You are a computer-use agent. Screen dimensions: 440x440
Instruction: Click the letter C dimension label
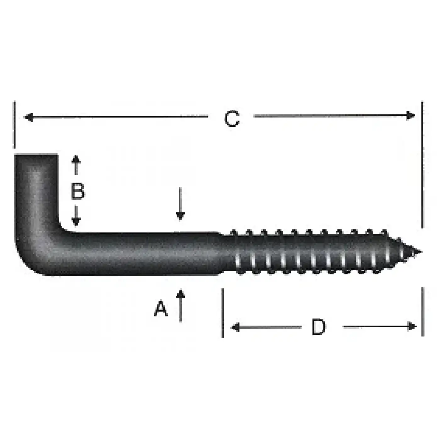coord(232,119)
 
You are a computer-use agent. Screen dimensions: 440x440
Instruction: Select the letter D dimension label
coord(318,327)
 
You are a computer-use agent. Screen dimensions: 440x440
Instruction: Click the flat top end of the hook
coord(36,155)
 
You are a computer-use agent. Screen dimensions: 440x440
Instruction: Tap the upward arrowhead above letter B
coord(76,159)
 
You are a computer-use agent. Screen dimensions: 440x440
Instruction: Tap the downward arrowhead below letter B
coord(76,222)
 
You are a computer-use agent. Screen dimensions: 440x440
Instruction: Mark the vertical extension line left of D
coord(223,313)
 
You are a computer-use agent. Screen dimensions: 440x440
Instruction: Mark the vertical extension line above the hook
coord(14,125)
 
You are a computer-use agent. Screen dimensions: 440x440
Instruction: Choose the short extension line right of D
coord(422,311)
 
